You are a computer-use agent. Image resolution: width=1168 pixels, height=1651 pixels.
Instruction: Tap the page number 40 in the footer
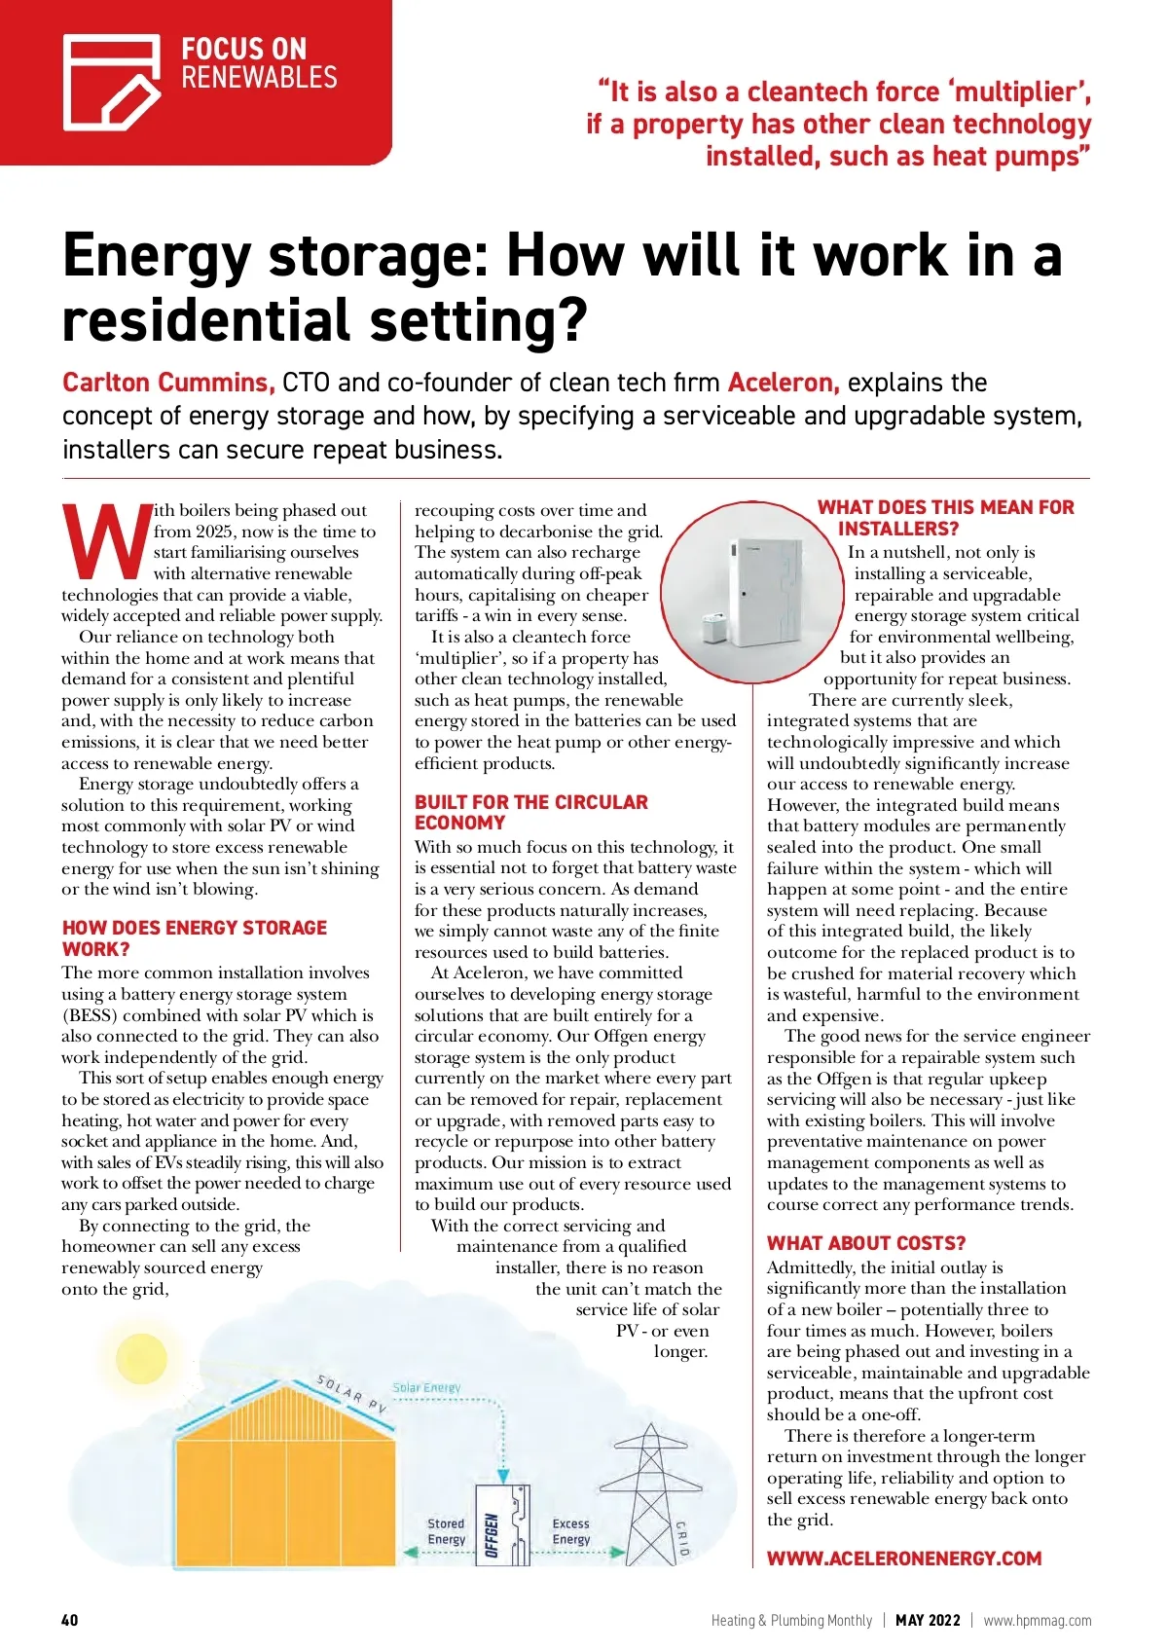(70, 1620)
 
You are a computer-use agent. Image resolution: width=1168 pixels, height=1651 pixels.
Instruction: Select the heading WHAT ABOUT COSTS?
(865, 1243)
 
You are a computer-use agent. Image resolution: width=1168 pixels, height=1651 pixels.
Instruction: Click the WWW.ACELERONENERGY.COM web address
(903, 1559)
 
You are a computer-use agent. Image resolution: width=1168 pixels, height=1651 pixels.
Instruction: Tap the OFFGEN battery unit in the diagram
(501, 1524)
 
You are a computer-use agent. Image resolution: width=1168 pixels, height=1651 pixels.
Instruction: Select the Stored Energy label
(447, 1531)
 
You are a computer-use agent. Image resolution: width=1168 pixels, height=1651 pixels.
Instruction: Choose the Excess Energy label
(571, 1531)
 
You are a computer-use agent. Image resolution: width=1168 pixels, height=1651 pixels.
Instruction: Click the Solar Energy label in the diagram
(426, 1387)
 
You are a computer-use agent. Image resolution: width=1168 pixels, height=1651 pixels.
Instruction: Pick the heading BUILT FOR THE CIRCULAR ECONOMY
(530, 812)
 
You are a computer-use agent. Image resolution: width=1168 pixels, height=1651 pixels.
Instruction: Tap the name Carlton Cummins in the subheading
(168, 383)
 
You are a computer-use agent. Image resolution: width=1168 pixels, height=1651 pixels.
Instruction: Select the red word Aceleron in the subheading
(783, 383)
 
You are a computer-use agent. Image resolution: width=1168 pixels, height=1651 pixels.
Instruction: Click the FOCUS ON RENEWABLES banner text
(258, 63)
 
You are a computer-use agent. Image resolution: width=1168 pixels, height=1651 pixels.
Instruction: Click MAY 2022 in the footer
(928, 1621)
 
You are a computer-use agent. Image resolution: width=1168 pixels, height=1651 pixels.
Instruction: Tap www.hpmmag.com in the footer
(1037, 1621)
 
